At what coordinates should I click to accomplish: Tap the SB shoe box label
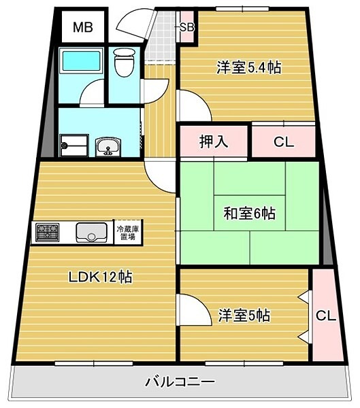[x=185, y=28]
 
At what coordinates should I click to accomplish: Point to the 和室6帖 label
[x=249, y=214]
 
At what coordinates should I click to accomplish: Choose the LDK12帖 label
[x=99, y=277]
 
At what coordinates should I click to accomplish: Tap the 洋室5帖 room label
[x=244, y=316]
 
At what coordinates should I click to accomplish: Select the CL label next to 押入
[x=284, y=142]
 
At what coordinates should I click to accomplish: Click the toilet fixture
[x=124, y=63]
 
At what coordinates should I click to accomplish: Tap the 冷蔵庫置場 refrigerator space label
[x=128, y=233]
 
